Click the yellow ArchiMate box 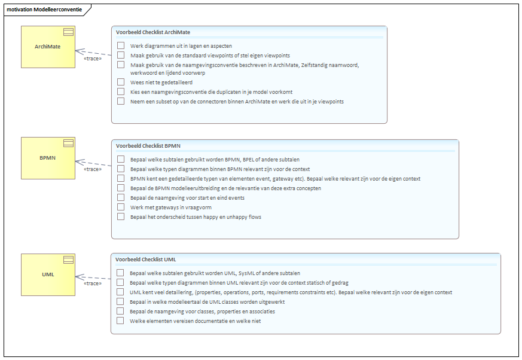(48, 47)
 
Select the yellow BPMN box (48, 158)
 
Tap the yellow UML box (48, 274)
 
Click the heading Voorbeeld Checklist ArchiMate (153, 32)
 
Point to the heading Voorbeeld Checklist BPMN (148, 146)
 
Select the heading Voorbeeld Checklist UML (146, 260)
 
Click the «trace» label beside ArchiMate (93, 59)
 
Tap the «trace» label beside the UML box (93, 283)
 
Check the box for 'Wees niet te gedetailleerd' (121, 82)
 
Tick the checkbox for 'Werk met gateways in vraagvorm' (121, 207)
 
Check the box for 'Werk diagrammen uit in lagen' (121, 45)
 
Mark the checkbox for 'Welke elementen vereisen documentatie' (120, 321)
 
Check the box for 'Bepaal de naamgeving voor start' (121, 197)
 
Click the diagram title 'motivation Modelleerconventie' (44, 10)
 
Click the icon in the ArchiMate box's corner (69, 32)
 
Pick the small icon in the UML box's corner (69, 260)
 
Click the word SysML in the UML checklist (246, 273)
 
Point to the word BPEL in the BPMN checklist (248, 160)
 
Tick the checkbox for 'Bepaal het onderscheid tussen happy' (121, 216)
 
